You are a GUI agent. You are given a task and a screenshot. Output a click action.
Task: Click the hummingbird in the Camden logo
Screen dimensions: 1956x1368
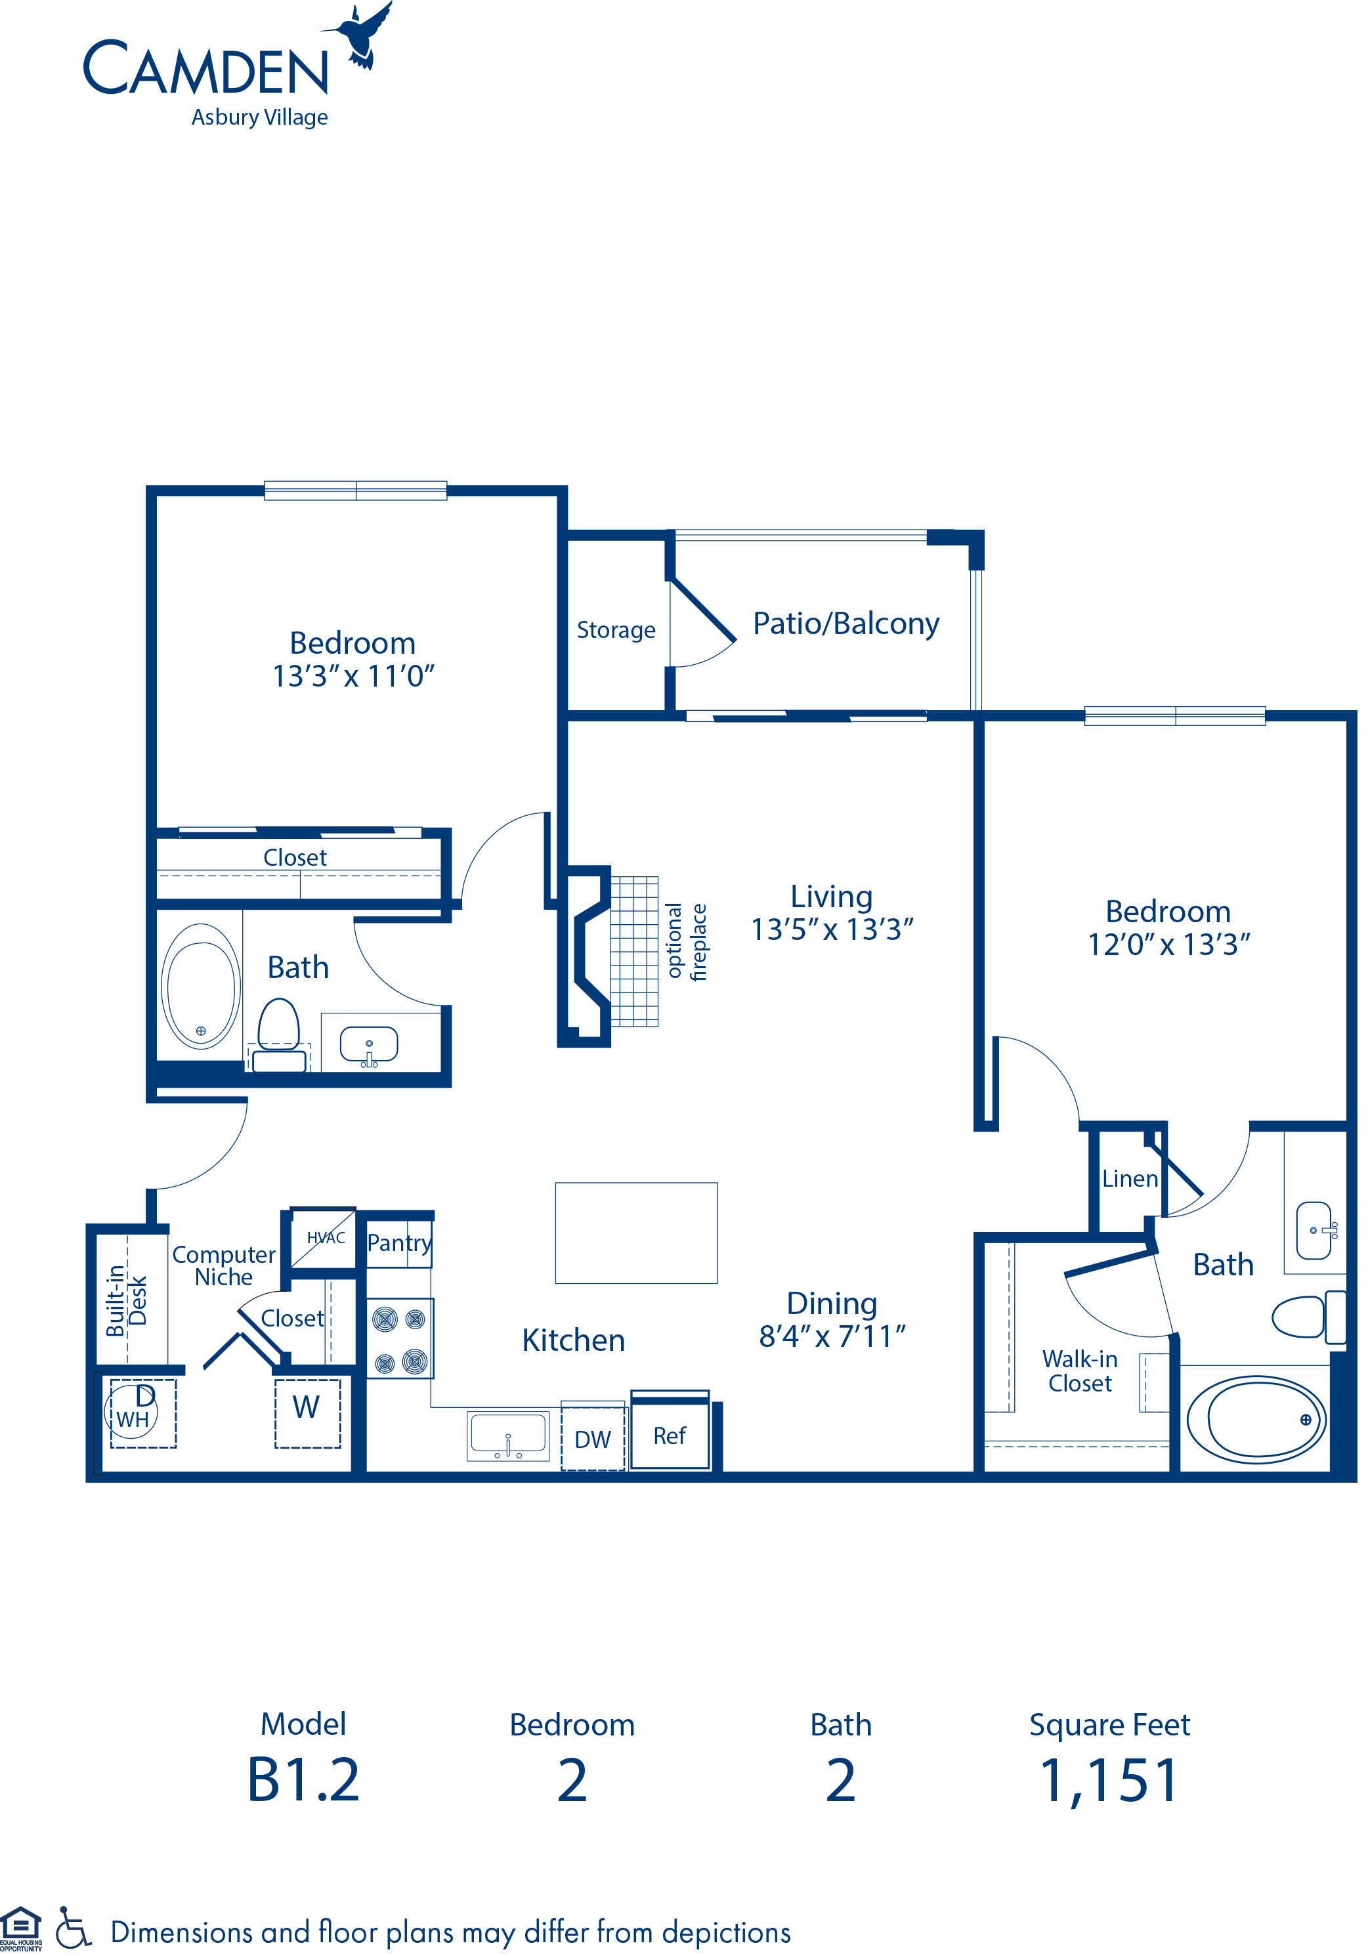click(362, 36)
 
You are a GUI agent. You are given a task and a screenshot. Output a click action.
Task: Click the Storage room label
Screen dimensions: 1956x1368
click(615, 630)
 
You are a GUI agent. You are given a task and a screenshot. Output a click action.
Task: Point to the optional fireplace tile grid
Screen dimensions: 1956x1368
click(633, 950)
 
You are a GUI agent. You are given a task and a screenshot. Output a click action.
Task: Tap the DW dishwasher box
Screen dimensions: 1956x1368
click(592, 1439)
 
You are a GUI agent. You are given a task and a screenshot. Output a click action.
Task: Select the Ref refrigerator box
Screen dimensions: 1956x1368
click(670, 1436)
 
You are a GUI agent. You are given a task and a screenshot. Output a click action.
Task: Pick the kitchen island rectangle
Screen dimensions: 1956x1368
click(635, 1233)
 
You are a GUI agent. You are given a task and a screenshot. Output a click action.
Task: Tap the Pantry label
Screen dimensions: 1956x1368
click(398, 1243)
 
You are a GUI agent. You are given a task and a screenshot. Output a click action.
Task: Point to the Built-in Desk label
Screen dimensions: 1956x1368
click(126, 1301)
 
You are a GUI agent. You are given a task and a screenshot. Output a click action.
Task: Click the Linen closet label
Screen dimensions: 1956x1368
click(1130, 1179)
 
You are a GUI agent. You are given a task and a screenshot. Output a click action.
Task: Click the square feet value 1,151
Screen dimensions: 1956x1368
click(1109, 1781)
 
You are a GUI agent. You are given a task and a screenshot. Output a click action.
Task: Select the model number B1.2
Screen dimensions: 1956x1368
click(303, 1781)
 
